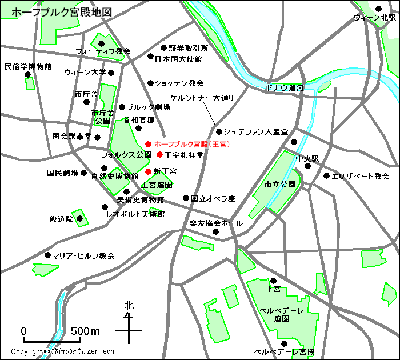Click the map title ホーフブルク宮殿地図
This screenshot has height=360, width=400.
click(x=62, y=11)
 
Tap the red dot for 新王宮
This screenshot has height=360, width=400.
click(x=148, y=171)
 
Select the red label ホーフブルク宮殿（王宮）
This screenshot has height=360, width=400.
click(x=192, y=144)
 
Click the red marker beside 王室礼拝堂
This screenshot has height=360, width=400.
click(x=159, y=154)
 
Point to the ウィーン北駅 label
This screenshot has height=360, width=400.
click(x=374, y=18)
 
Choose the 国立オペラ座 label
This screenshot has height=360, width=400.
click(x=213, y=199)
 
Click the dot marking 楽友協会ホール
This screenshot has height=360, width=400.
click(x=216, y=231)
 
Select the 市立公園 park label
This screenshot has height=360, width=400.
click(x=280, y=185)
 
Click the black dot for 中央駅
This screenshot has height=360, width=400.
click(x=307, y=166)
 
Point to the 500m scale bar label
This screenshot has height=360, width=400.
click(x=86, y=331)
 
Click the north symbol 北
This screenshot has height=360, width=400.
click(x=129, y=306)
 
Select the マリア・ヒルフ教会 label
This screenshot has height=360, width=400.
click(x=83, y=255)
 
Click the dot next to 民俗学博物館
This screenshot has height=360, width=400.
click(x=27, y=74)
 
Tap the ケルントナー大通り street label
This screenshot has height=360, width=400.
click(x=202, y=98)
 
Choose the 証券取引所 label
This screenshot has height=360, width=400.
click(x=189, y=49)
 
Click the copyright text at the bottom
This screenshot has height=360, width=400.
click(x=63, y=351)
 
